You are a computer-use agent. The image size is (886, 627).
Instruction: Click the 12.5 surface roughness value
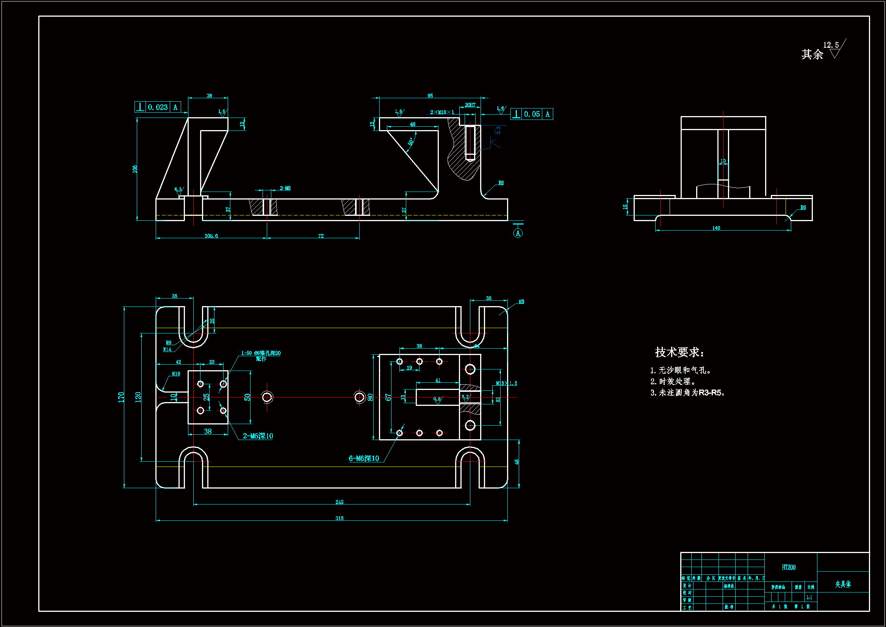click(831, 45)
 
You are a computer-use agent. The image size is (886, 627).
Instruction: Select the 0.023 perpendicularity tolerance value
click(158, 107)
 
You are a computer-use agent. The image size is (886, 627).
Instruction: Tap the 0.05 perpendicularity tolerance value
click(532, 114)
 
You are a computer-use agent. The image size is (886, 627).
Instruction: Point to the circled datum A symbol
click(518, 233)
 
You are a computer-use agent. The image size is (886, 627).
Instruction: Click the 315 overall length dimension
click(339, 518)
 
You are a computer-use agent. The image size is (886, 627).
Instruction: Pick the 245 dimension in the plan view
click(339, 502)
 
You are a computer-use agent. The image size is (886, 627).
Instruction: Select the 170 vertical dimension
click(121, 397)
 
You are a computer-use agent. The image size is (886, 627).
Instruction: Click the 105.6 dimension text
click(211, 236)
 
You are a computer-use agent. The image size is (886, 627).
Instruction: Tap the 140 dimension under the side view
click(716, 228)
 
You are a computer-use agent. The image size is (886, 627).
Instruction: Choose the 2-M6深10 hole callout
click(258, 436)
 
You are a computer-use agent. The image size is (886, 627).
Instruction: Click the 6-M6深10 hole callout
click(364, 459)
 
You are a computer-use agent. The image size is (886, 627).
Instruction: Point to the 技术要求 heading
click(679, 352)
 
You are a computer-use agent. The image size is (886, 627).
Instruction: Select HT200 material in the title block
click(789, 567)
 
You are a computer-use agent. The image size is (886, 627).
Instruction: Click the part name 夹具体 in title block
click(843, 584)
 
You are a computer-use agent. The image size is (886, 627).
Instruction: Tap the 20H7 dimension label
click(470, 105)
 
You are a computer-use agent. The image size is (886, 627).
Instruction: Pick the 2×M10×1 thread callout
click(442, 112)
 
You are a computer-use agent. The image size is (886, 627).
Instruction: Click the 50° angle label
click(410, 141)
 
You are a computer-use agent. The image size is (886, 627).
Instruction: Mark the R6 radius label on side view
click(803, 207)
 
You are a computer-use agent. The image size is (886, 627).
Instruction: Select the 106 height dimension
click(135, 169)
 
